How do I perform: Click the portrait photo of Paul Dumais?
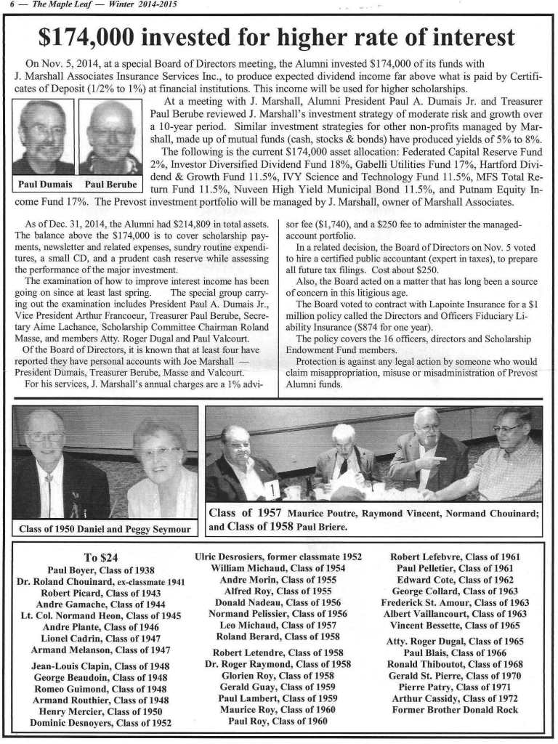[43, 137]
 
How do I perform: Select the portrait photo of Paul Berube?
[110, 137]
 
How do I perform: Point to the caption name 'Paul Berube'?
[110, 185]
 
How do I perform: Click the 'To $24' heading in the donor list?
[100, 558]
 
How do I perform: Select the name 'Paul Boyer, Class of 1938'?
[101, 570]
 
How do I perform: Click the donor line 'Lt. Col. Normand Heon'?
[101, 616]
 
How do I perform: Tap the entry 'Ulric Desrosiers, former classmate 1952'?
[278, 557]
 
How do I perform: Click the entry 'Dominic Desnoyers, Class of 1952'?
[101, 723]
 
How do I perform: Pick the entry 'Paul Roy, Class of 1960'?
[278, 721]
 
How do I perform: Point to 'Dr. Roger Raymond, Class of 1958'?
[278, 663]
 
